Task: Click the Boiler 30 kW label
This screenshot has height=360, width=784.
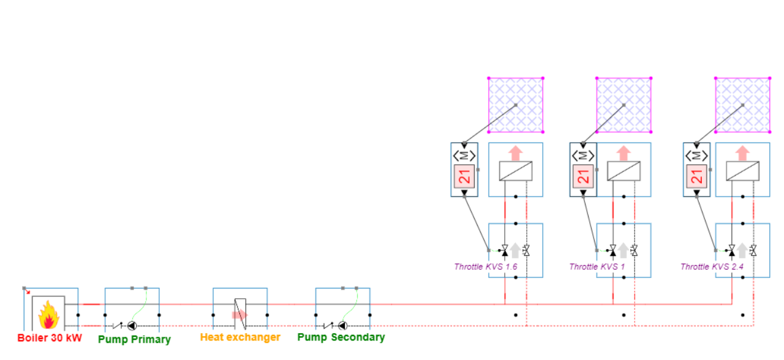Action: [x=49, y=338]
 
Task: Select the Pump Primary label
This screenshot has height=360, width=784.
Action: [x=134, y=339]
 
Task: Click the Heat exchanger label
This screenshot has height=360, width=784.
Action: [x=240, y=337]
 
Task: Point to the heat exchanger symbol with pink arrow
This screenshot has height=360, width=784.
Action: [x=239, y=313]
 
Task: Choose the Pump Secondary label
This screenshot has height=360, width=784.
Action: [x=341, y=337]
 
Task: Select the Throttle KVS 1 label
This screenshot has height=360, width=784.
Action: [x=594, y=267]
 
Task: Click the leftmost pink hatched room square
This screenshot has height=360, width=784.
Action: [x=516, y=105]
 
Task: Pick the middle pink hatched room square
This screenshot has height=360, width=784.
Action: [x=624, y=105]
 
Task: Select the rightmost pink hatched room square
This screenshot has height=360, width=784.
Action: [x=743, y=105]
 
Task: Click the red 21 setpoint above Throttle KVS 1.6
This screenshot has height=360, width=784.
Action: [x=464, y=177]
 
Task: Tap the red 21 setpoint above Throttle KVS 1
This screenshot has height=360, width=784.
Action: [x=583, y=177]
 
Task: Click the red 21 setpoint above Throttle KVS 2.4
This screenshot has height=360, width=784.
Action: [x=696, y=177]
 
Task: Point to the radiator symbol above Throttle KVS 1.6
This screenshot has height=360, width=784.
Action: [x=516, y=171]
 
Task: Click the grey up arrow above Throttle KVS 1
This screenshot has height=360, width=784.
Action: [x=623, y=249]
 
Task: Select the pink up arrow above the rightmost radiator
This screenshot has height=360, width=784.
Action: [x=742, y=152]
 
